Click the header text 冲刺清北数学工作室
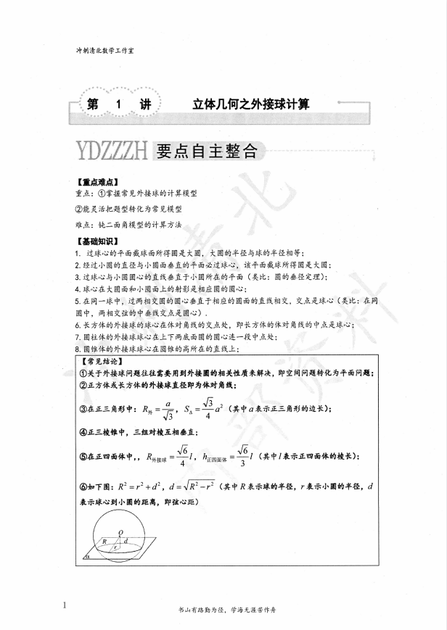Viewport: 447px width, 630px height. [x=110, y=51]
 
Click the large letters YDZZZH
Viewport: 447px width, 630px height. [x=112, y=151]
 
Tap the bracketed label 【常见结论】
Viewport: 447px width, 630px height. [x=102, y=360]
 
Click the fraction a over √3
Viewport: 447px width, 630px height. [x=167, y=409]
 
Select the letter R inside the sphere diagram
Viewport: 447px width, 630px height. [x=104, y=540]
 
